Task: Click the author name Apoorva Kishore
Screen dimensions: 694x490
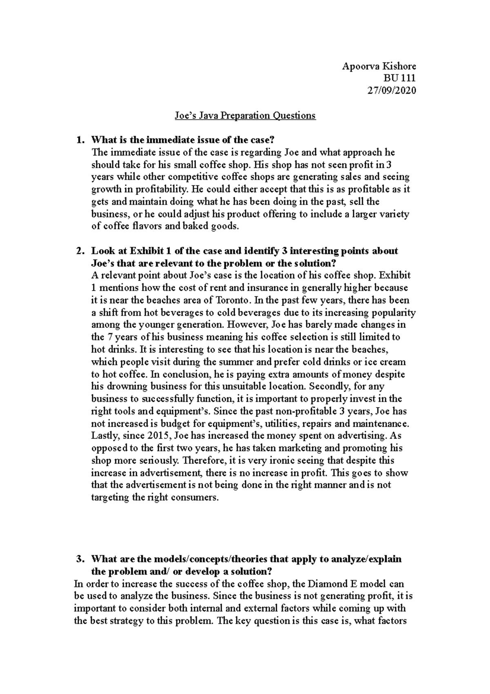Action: coord(379,66)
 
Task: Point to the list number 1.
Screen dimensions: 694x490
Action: coord(80,140)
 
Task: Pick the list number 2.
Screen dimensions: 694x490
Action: coord(80,251)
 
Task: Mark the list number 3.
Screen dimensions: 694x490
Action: coord(80,559)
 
